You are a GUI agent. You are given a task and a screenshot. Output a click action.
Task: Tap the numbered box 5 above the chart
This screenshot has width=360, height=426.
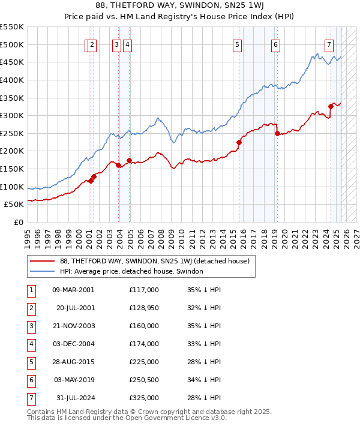(x=238, y=44)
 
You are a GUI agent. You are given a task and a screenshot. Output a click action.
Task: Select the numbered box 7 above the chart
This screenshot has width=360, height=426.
(x=329, y=44)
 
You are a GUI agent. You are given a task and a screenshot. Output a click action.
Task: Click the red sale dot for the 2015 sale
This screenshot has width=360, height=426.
(x=239, y=142)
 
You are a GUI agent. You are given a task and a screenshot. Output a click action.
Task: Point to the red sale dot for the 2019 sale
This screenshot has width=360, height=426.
(x=277, y=133)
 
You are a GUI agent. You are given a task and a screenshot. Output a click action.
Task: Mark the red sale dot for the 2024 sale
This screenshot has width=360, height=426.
(x=331, y=107)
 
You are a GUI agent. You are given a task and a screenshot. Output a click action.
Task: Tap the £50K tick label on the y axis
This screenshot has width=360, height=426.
(x=14, y=205)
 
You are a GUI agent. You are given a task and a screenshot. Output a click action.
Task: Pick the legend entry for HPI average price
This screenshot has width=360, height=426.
(x=131, y=271)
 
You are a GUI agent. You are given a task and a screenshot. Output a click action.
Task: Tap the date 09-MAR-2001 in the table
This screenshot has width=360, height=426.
(x=73, y=290)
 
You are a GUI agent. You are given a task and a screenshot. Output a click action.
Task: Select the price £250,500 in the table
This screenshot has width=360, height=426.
(x=144, y=380)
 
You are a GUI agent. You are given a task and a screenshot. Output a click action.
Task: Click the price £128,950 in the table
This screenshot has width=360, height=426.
(x=144, y=308)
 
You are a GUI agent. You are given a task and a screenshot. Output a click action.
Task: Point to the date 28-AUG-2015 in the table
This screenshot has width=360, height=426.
(x=73, y=362)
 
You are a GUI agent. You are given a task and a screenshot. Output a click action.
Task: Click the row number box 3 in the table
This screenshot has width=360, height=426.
(x=31, y=326)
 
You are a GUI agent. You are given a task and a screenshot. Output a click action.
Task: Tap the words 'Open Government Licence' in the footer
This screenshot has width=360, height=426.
(x=164, y=418)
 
